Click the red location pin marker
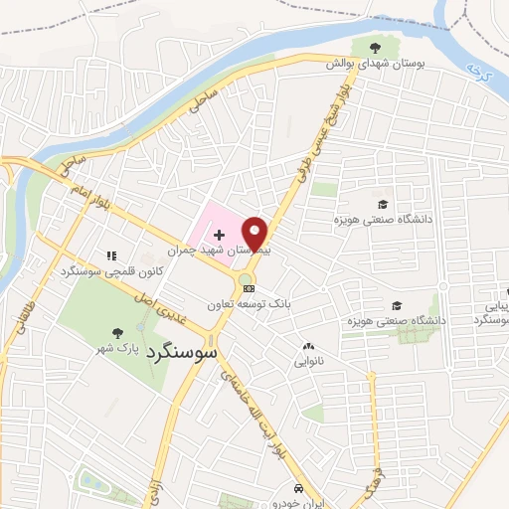(x=255, y=234)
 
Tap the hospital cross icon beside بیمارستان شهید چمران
(x=218, y=235)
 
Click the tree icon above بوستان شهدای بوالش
(x=375, y=47)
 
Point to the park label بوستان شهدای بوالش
(x=377, y=63)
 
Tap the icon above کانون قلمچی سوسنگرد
(x=111, y=255)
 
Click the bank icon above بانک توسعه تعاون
(x=249, y=288)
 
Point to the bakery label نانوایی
(x=307, y=363)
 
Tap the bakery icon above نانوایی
(x=307, y=347)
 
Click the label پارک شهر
(x=115, y=348)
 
